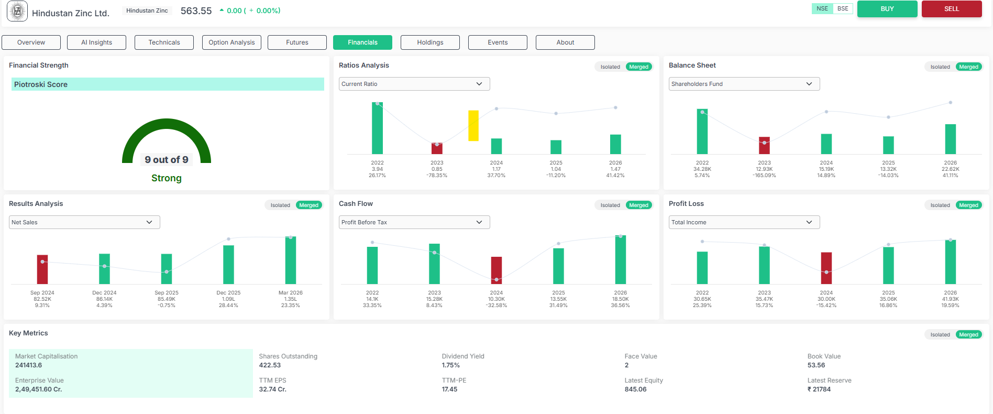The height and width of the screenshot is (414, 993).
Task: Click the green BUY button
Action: pos(887,9)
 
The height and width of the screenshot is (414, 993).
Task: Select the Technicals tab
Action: pos(164,42)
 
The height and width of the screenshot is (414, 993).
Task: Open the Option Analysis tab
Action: pos(231,42)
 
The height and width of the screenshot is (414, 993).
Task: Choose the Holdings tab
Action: pos(430,42)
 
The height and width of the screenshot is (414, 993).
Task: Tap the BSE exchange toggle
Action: pos(843,9)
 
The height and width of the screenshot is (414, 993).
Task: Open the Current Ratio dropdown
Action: pos(414,84)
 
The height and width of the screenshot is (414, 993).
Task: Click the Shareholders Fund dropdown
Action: pos(744,84)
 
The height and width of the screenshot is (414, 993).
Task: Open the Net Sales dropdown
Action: pos(84,222)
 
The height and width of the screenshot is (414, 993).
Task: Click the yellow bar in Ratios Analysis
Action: pos(473,126)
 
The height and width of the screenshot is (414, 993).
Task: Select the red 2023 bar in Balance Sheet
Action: pos(765,146)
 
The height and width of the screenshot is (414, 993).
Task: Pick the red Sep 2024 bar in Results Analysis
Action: pos(42,269)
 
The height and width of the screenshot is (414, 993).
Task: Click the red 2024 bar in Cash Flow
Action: pos(496,270)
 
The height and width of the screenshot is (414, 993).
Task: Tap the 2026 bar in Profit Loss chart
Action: pos(951,262)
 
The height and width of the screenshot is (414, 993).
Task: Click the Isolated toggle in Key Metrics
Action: pos(940,335)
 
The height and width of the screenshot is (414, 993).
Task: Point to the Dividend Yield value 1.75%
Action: pos(450,365)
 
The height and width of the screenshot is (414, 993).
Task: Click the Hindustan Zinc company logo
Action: pos(17,11)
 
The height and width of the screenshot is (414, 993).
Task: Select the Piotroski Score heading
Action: pos(41,84)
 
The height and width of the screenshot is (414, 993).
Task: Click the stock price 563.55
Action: pos(196,10)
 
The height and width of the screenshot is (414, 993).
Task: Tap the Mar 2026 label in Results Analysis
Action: pos(291,293)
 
